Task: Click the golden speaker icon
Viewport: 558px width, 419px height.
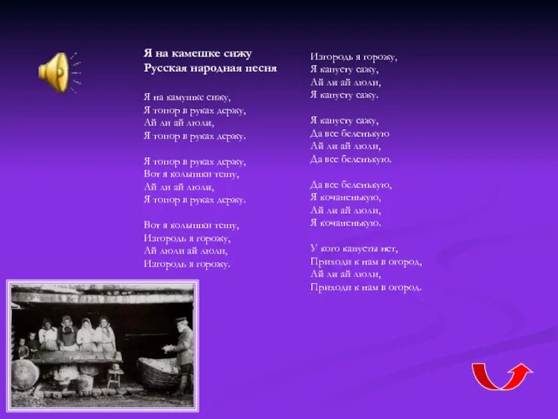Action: point(54,71)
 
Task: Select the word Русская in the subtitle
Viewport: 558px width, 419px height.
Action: point(164,68)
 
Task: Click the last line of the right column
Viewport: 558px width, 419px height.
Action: point(366,287)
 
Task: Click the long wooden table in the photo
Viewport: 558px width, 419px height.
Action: point(77,357)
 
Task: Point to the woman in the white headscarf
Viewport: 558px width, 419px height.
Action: point(86,333)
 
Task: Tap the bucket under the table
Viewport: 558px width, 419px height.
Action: point(86,383)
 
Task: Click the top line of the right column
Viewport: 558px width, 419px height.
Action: point(354,57)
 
